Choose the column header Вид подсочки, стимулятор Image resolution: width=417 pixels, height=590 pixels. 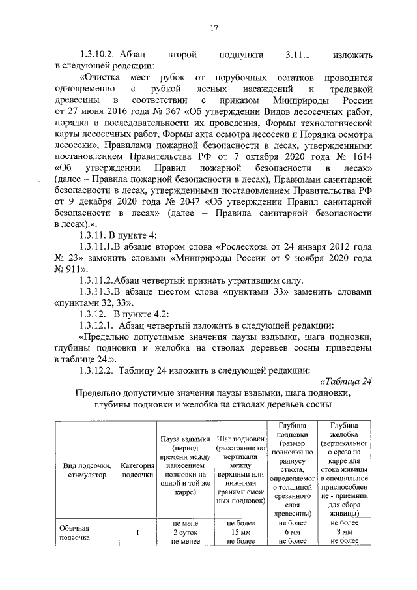pos(86,469)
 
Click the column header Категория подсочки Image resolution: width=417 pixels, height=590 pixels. pos(137,469)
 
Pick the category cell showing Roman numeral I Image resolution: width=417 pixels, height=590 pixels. pos(137,532)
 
